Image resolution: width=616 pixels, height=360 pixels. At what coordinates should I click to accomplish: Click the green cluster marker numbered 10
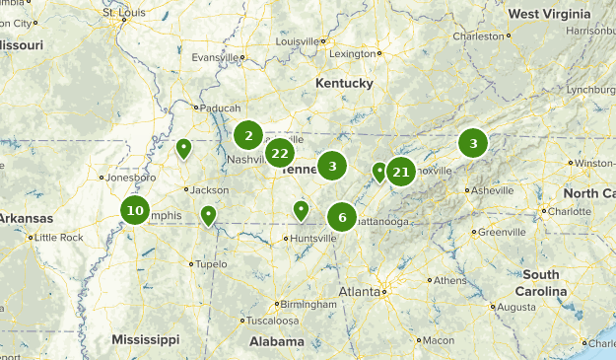click(x=135, y=210)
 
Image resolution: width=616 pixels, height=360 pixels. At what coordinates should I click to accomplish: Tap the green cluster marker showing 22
click(x=280, y=153)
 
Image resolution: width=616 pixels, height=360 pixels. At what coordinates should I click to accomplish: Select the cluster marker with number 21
click(x=401, y=173)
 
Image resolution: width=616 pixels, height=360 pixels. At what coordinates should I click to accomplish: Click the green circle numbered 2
click(x=249, y=136)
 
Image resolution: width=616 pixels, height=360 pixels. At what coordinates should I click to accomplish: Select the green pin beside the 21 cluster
click(x=379, y=174)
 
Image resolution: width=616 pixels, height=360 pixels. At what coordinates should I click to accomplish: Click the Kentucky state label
click(x=344, y=84)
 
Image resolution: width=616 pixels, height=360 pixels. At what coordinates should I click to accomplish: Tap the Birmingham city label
click(x=307, y=304)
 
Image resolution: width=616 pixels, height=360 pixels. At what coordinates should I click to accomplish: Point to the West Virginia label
click(x=550, y=14)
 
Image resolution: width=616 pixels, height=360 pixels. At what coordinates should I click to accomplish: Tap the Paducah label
click(x=217, y=108)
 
